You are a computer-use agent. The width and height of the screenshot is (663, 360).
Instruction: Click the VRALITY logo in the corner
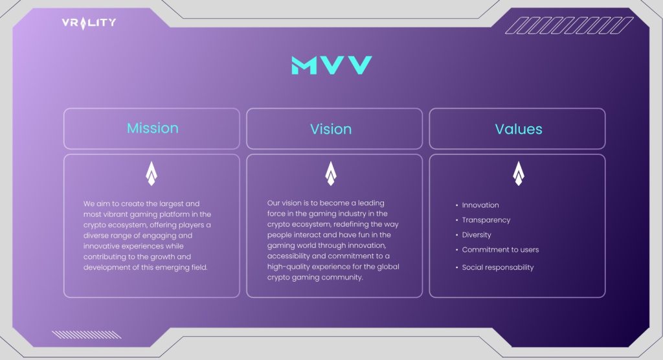pos(89,23)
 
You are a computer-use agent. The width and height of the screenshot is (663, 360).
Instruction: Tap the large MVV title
pos(331,65)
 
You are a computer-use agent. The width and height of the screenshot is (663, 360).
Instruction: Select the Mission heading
pos(153,128)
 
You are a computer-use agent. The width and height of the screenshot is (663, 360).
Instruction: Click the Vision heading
pos(331,129)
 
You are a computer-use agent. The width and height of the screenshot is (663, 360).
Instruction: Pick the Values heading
pos(519,129)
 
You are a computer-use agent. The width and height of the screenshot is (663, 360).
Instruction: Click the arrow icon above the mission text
pos(152,174)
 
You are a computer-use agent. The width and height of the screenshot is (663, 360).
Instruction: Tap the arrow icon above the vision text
pos(331,174)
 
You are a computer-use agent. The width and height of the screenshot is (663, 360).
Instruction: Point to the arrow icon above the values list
pos(519,174)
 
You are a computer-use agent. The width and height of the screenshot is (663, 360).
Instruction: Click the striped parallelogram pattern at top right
pos(569,25)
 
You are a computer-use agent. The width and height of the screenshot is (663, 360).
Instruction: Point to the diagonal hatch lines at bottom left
pos(86,335)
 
